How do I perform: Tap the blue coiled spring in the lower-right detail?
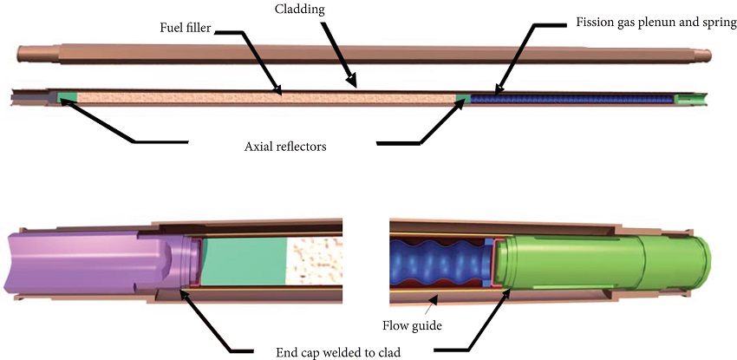[x=438, y=260]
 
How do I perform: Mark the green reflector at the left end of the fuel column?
[x=67, y=96]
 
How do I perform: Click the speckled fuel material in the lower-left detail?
[x=316, y=260]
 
